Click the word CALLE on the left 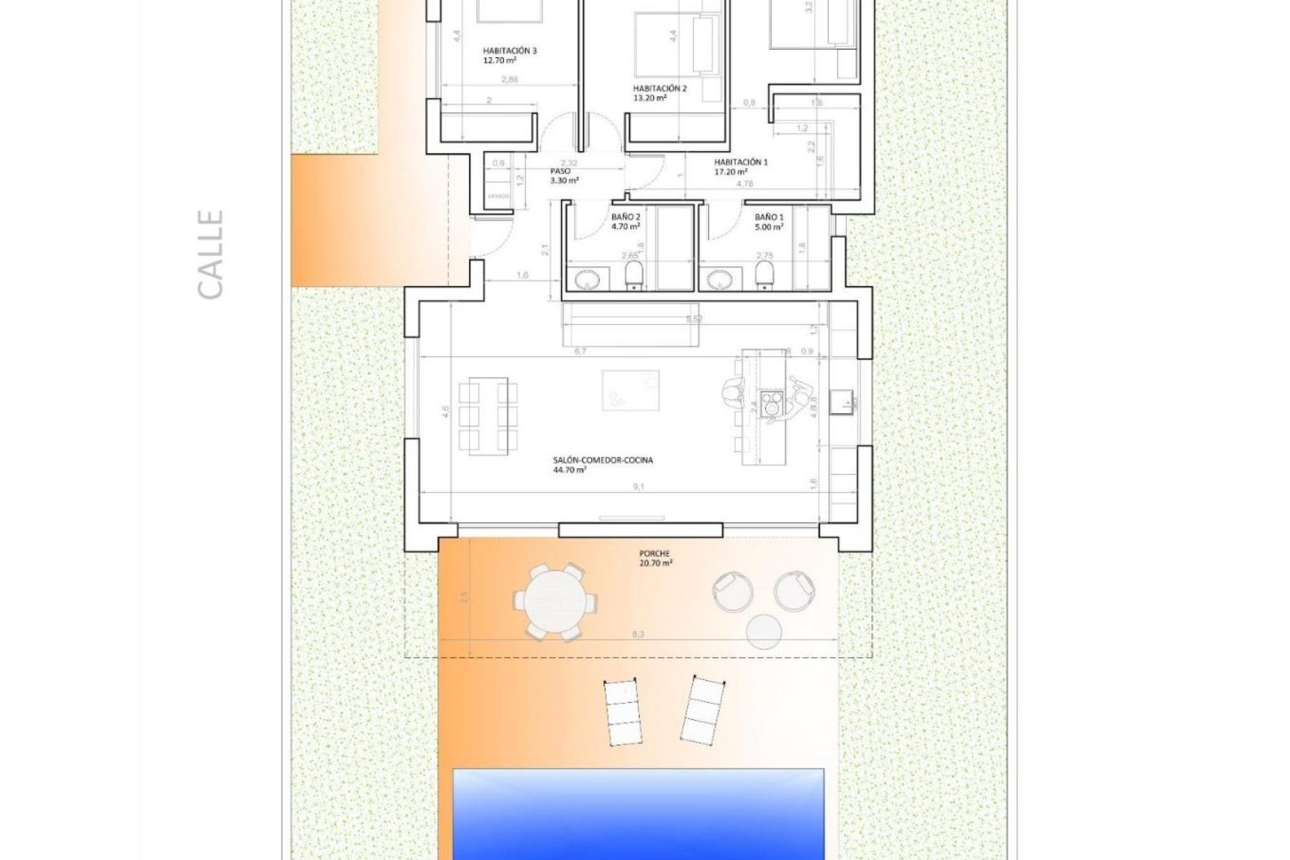[x=210, y=255]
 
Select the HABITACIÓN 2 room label [x=659, y=93]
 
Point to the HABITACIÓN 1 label [x=740, y=166]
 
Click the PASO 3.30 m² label [x=564, y=176]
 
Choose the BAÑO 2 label [x=626, y=222]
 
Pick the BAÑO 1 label [x=769, y=222]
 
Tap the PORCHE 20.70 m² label [x=656, y=559]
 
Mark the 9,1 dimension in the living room [x=638, y=486]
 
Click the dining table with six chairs [x=488, y=415]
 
